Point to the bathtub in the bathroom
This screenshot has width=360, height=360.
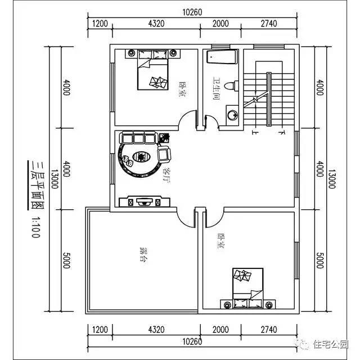220,57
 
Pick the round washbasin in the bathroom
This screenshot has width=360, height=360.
232,116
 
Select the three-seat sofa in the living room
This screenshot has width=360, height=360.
138,138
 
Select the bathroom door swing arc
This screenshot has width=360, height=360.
211,122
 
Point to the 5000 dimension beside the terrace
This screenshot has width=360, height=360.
66,260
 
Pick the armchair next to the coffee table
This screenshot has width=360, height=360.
164,153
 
